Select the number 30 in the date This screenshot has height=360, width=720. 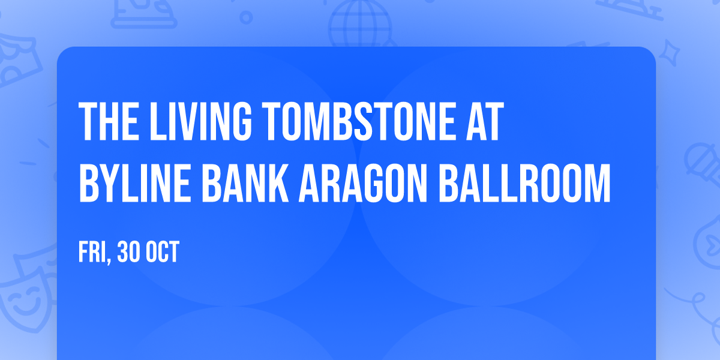click(x=130, y=253)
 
